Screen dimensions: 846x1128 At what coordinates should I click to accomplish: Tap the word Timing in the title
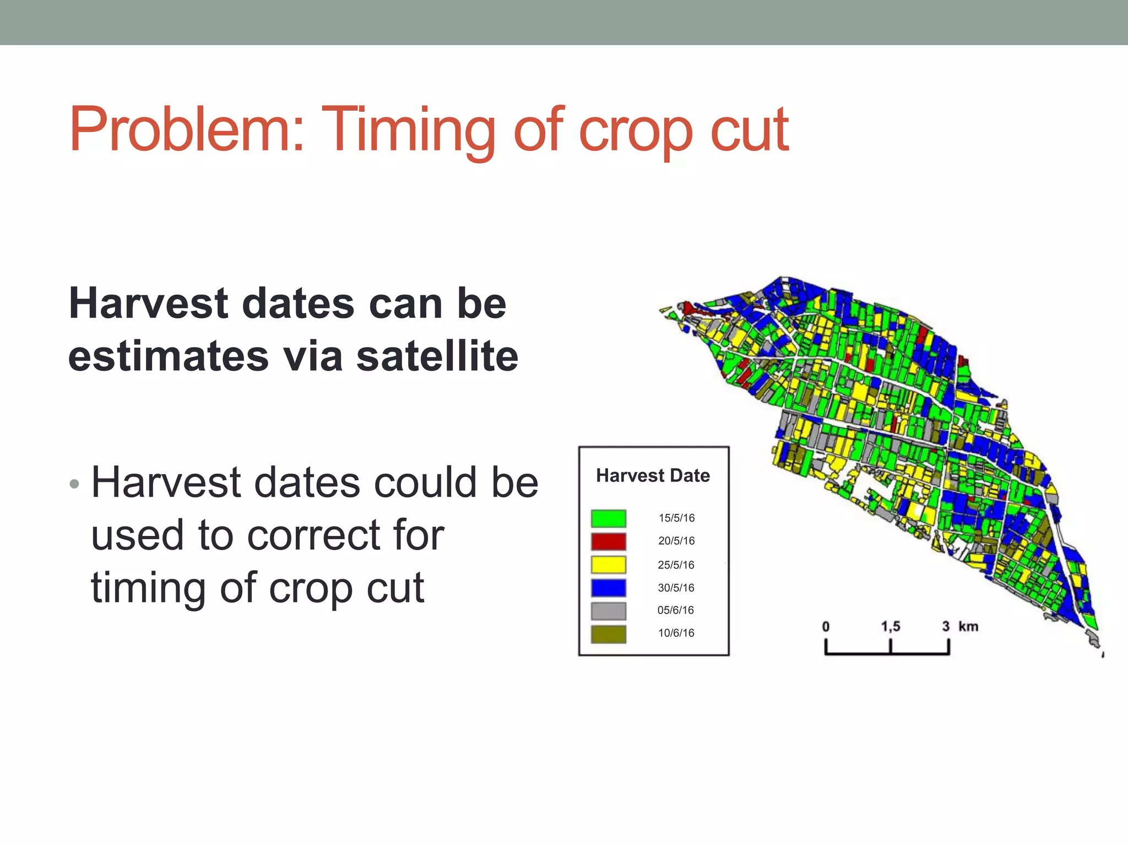coord(408,131)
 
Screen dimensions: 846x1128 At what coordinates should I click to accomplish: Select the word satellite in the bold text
coord(437,356)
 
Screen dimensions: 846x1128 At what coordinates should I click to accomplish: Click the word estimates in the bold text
coord(169,356)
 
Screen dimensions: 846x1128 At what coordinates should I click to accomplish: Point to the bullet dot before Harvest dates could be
coord(75,484)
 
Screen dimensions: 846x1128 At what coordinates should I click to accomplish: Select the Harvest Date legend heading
coord(653,475)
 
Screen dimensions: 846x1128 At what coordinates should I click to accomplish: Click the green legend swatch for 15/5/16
coord(608,518)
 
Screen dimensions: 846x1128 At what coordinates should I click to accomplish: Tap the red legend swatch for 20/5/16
coord(608,541)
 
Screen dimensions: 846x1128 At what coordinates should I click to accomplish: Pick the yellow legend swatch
coord(608,565)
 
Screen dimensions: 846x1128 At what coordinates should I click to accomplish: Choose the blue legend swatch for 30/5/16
coord(608,588)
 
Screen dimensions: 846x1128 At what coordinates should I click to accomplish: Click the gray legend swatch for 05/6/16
coord(608,611)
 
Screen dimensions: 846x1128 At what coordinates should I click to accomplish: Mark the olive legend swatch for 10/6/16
coord(608,634)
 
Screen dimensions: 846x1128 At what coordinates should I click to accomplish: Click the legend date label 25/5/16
coord(676,565)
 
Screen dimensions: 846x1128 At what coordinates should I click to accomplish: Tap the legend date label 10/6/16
coord(676,633)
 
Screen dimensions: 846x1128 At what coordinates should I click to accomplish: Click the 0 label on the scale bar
coord(826,627)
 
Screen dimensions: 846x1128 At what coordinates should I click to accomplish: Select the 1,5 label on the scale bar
coord(890,626)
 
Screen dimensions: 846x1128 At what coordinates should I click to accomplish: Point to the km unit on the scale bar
coord(968,626)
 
